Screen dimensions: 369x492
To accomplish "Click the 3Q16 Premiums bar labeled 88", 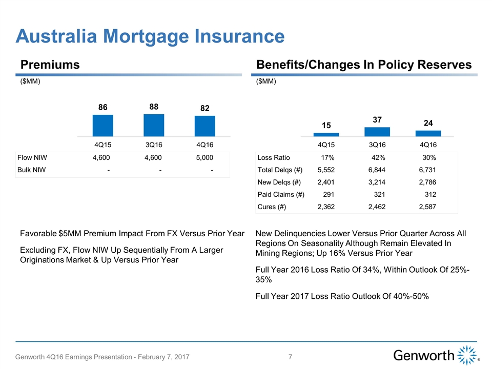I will coord(154,125).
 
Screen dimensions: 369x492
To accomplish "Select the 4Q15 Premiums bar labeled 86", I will coord(102,126).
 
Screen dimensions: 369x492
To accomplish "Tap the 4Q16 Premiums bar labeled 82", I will coord(205,126).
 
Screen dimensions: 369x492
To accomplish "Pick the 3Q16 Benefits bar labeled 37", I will coord(377,132).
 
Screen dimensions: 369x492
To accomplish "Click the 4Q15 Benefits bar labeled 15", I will coord(326,134).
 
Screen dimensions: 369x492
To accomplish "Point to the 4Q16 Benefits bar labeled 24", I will coord(428,133).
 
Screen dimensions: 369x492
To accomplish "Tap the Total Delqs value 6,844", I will coord(377,170).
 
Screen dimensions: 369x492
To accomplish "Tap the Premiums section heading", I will coord(50,65).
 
